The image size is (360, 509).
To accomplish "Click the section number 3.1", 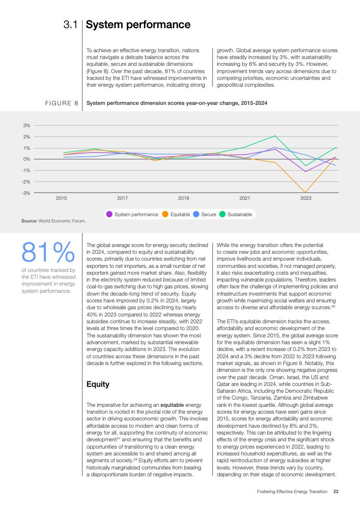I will (x=71, y=25).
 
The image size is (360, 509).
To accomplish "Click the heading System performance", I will (x=138, y=25).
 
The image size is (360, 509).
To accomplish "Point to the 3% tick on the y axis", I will (x=27, y=125).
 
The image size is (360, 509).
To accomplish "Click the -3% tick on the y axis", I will (x=26, y=193).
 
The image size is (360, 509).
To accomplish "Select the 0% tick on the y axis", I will (x=27, y=159).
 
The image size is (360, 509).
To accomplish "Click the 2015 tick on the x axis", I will (x=61, y=198).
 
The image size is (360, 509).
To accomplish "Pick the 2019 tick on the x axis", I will (x=183, y=198).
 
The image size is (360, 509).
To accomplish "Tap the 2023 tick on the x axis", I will (x=306, y=198).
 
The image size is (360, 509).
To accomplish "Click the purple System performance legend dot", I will (x=109, y=214).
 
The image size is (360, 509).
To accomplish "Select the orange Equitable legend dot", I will (x=165, y=214).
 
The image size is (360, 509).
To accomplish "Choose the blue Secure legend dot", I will (x=196, y=214).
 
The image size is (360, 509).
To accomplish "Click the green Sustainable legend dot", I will (x=222, y=214).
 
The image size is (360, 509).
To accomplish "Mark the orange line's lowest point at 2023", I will (x=306, y=193).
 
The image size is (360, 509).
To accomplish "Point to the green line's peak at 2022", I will (x=275, y=136).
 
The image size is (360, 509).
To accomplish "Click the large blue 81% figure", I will (x=48, y=252).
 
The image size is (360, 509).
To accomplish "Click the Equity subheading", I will (x=98, y=384).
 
